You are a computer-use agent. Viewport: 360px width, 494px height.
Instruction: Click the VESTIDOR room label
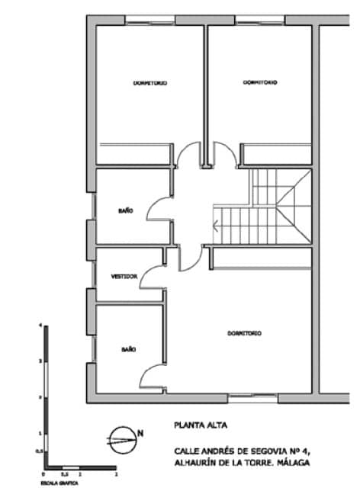pyautogui.click(x=124, y=277)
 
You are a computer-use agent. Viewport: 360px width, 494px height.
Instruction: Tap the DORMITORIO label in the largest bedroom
pyautogui.click(x=245, y=334)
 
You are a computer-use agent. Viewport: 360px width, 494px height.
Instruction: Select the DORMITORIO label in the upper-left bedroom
pyautogui.click(x=149, y=82)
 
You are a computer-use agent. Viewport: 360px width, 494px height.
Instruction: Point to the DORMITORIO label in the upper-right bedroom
pyautogui.click(x=260, y=82)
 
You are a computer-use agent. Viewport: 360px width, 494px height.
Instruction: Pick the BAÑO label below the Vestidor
pyautogui.click(x=128, y=348)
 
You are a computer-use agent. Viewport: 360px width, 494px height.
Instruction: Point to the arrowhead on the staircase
pyautogui.click(x=217, y=224)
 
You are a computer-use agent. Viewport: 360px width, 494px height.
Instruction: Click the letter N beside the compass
pyautogui.click(x=140, y=434)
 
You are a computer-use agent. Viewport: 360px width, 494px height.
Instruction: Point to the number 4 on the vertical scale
pyautogui.click(x=40, y=326)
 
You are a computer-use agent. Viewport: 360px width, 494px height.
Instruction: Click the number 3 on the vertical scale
pyautogui.click(x=40, y=361)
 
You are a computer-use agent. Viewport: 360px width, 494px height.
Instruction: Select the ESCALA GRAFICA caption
pyautogui.click(x=53, y=483)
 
